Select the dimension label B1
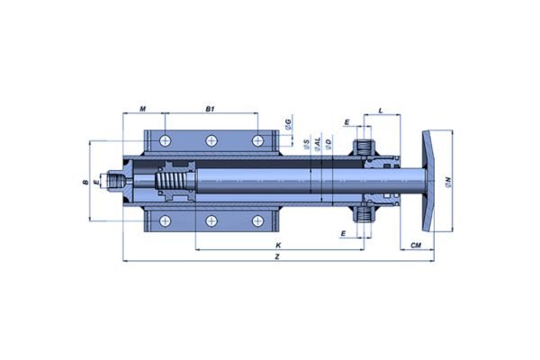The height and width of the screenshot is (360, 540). (210, 110)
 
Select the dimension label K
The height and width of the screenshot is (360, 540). (279, 245)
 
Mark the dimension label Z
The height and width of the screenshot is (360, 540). (279, 257)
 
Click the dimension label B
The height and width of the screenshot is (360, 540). (85, 183)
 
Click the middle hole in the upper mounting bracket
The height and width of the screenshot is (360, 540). (211, 139)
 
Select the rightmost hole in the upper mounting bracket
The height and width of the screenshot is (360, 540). (257, 139)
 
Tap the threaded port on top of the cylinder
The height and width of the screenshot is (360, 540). (364, 144)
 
